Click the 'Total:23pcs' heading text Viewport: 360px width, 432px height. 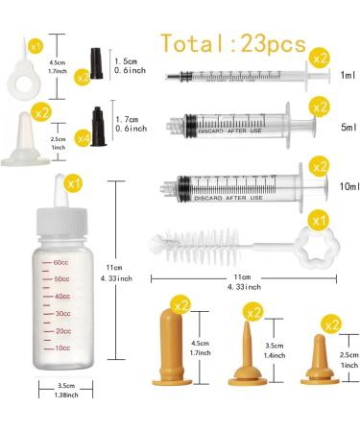click(x=233, y=43)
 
